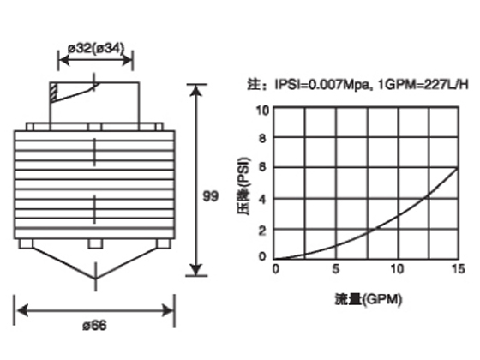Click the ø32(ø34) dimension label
tap(96, 48)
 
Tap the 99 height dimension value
tap(211, 196)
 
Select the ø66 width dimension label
tap(94, 326)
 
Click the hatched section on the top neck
tap(53, 93)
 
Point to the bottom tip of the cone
tap(95, 279)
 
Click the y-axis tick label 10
tap(262, 111)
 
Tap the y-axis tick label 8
tap(262, 138)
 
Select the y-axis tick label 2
tap(262, 231)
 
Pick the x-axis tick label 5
tap(336, 269)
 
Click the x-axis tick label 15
tap(459, 269)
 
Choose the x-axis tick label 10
tap(397, 269)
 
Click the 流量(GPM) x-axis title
tap(368, 299)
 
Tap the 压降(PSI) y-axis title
tap(244, 187)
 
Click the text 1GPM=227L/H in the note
tap(423, 84)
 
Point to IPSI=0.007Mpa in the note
tap(322, 84)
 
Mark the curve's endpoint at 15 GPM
tap(459, 168)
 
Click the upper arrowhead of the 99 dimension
tap(196, 90)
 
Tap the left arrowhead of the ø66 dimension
tap(22, 310)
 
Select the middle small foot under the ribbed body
tap(95, 243)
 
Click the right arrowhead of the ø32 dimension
tap(127, 60)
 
